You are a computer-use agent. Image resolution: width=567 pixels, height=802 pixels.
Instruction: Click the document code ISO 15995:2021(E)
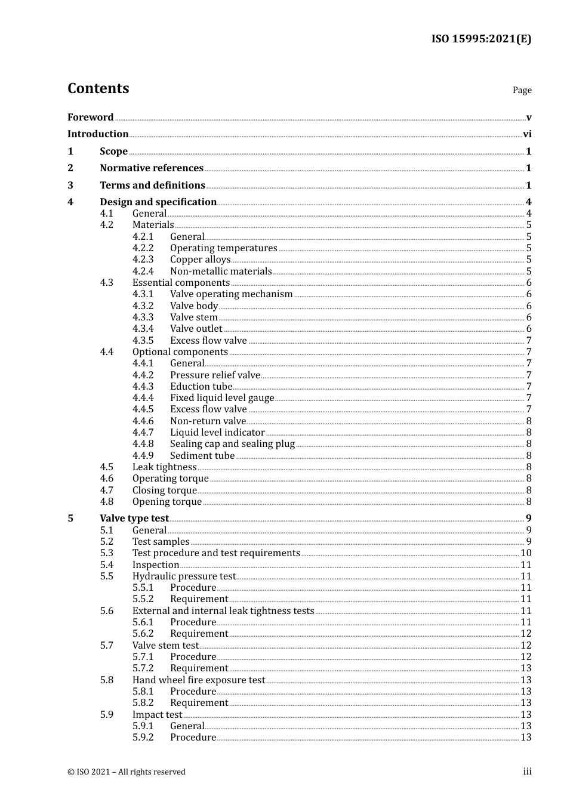pyautogui.click(x=481, y=39)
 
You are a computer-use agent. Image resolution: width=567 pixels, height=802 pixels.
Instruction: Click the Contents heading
pyautogui.click(x=98, y=88)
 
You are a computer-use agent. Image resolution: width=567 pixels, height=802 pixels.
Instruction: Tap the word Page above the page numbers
pyautogui.click(x=522, y=90)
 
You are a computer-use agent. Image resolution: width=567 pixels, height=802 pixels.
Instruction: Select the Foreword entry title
pyautogui.click(x=90, y=117)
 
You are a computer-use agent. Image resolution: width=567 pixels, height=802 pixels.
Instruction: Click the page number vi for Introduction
pyautogui.click(x=527, y=134)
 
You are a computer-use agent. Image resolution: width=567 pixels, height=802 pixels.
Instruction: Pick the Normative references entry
pyautogui.click(x=152, y=168)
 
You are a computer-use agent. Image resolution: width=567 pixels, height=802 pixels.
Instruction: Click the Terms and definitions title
pyautogui.click(x=152, y=186)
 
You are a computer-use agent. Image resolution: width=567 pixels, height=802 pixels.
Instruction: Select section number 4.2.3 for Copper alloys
pyautogui.click(x=143, y=260)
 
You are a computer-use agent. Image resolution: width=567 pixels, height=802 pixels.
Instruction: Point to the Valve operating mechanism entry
pyautogui.click(x=231, y=294)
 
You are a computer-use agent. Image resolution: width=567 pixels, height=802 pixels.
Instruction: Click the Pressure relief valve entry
pyautogui.click(x=215, y=375)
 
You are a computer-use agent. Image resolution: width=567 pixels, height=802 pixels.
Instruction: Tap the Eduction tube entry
pyautogui.click(x=201, y=387)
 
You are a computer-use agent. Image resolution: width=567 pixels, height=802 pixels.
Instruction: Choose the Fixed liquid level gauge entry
pyautogui.click(x=222, y=398)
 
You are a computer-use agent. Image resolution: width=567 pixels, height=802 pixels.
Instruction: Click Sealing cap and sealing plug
pyautogui.click(x=232, y=444)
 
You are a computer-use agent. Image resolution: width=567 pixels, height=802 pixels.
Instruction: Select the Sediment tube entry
pyautogui.click(x=202, y=456)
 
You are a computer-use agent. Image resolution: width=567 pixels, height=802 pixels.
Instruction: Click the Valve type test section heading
pyautogui.click(x=134, y=519)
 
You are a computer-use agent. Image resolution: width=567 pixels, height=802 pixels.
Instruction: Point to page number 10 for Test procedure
pyautogui.click(x=526, y=553)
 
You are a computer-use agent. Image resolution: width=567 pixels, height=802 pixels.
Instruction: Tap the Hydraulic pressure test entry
pyautogui.click(x=184, y=576)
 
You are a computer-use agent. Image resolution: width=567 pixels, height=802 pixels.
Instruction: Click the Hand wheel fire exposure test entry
pyautogui.click(x=199, y=680)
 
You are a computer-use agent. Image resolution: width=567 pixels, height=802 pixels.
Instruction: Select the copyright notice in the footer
pyautogui.click(x=127, y=772)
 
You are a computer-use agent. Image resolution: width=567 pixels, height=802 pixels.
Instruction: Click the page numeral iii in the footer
pyautogui.click(x=527, y=772)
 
